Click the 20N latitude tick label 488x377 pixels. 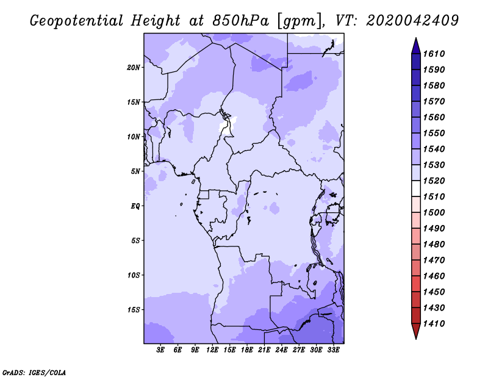134,68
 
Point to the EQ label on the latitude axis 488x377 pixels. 135,206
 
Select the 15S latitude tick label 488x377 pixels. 134,310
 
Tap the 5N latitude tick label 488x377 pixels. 135,171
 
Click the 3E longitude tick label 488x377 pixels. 160,350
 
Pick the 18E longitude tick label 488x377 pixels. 247,350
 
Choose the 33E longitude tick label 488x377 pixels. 333,350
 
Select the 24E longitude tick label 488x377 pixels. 281,350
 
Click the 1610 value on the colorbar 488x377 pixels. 434,54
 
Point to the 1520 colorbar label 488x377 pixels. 434,181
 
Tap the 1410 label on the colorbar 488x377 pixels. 434,324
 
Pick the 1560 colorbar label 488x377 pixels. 434,117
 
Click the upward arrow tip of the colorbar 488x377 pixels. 416,38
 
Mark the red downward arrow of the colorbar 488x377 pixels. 416,331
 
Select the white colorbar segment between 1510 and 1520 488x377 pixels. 416,188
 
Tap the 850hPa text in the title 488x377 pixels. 240,21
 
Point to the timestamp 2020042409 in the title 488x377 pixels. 412,21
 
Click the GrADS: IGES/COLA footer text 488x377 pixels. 34,373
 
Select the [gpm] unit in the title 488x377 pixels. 299,21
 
